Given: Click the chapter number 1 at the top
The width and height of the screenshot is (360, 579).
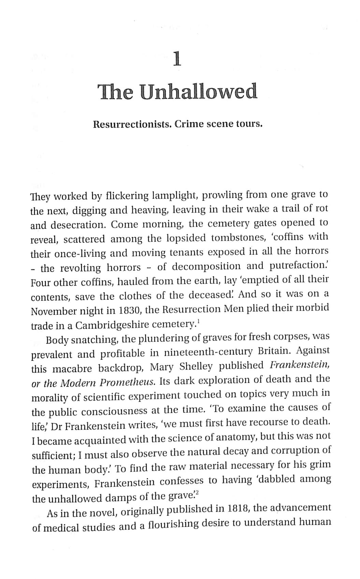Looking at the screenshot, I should tap(176, 59).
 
